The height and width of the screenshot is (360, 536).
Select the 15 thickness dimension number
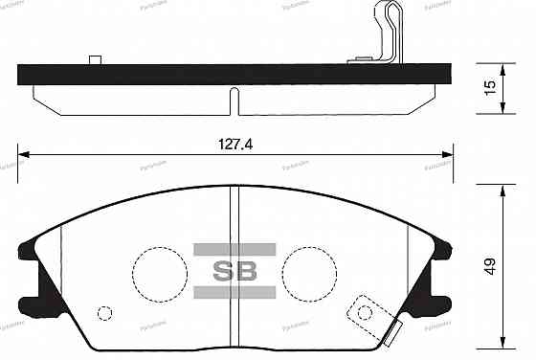[x=489, y=87]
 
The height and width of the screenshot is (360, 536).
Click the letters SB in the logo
[x=234, y=270]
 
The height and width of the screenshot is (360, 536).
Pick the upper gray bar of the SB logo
[x=234, y=249]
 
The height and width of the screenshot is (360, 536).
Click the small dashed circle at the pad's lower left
[x=105, y=312]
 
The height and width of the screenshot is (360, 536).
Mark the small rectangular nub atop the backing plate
[x=95, y=60]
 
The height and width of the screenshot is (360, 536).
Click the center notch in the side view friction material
[x=232, y=100]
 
